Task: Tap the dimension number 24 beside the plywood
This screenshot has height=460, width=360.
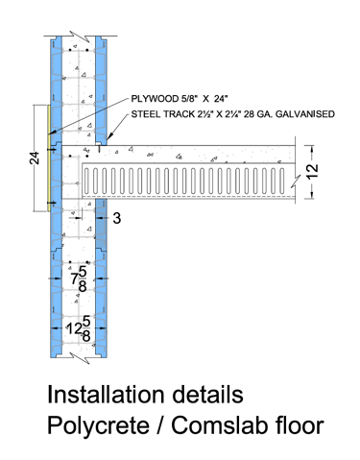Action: [x=35, y=158]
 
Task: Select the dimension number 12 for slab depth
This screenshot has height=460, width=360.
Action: [x=313, y=171]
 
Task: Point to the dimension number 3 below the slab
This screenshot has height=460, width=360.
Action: [x=117, y=218]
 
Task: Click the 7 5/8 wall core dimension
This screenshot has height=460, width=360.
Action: [x=79, y=278]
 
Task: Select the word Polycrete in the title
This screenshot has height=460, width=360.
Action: [x=98, y=425]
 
